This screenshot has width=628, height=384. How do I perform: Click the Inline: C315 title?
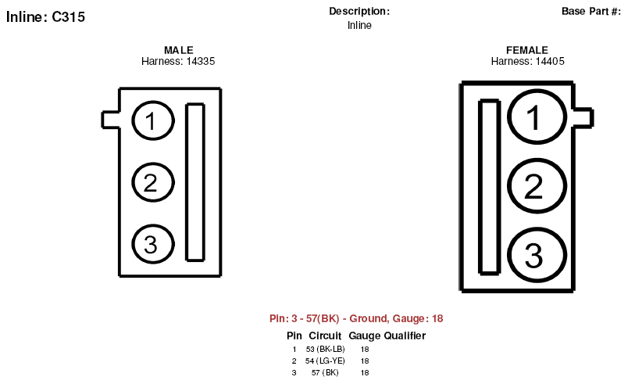[45, 17]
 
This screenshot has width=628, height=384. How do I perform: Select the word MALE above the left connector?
[179, 50]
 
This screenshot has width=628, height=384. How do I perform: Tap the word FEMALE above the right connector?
[527, 50]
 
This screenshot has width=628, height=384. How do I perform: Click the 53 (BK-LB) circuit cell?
[325, 349]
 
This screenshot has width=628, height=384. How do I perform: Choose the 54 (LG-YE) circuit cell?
[325, 361]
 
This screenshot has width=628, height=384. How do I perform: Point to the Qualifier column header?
[405, 336]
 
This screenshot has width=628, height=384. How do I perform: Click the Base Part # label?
[591, 11]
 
